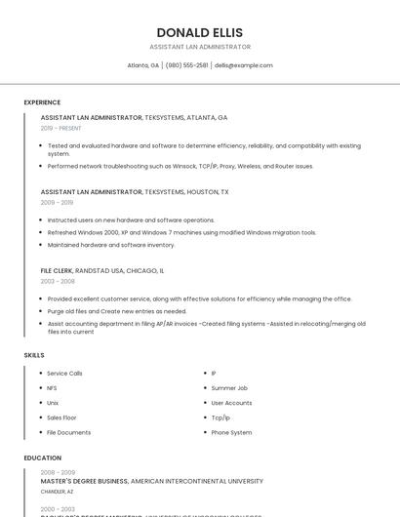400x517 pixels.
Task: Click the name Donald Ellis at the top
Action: pyautogui.click(x=200, y=32)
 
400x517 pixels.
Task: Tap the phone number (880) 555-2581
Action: pyautogui.click(x=186, y=65)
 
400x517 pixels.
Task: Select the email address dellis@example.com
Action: pyautogui.click(x=243, y=65)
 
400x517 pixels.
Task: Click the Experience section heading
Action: pyautogui.click(x=42, y=102)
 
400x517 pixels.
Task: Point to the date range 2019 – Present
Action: pyautogui.click(x=61, y=128)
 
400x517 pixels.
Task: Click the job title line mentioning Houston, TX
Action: pyautogui.click(x=135, y=192)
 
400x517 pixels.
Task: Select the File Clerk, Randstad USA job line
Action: pyautogui.click(x=102, y=270)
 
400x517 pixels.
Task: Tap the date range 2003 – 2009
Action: pyautogui.click(x=57, y=281)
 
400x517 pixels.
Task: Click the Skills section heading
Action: pyautogui.click(x=34, y=355)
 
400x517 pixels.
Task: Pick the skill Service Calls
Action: pyautogui.click(x=64, y=374)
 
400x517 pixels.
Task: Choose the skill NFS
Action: pyautogui.click(x=52, y=388)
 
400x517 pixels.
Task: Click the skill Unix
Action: pyautogui.click(x=53, y=403)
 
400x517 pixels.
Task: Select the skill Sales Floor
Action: pyautogui.click(x=61, y=418)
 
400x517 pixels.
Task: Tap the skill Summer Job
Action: pyautogui.click(x=229, y=388)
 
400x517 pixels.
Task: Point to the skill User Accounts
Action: pyautogui.click(x=231, y=403)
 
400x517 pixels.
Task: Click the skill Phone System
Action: pyautogui.click(x=231, y=432)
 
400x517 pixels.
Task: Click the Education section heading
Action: pyautogui.click(x=42, y=457)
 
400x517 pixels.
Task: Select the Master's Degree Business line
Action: pyautogui.click(x=152, y=481)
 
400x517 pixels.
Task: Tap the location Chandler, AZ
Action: pyautogui.click(x=57, y=492)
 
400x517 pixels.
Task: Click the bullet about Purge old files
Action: pyautogui.click(x=117, y=311)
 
